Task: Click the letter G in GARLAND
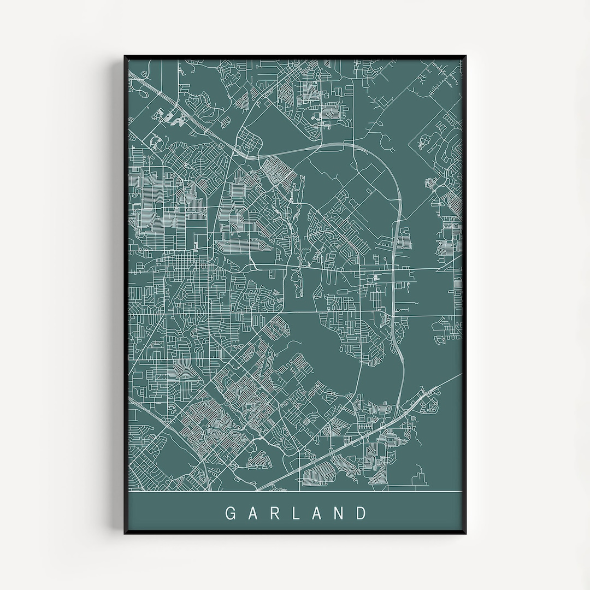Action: [231, 514]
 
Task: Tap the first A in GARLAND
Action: [253, 514]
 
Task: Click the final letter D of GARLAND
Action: [361, 514]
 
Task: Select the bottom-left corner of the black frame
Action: [125, 533]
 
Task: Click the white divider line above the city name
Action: [295, 492]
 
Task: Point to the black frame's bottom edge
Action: [295, 533]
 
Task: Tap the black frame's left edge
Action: [126, 295]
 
